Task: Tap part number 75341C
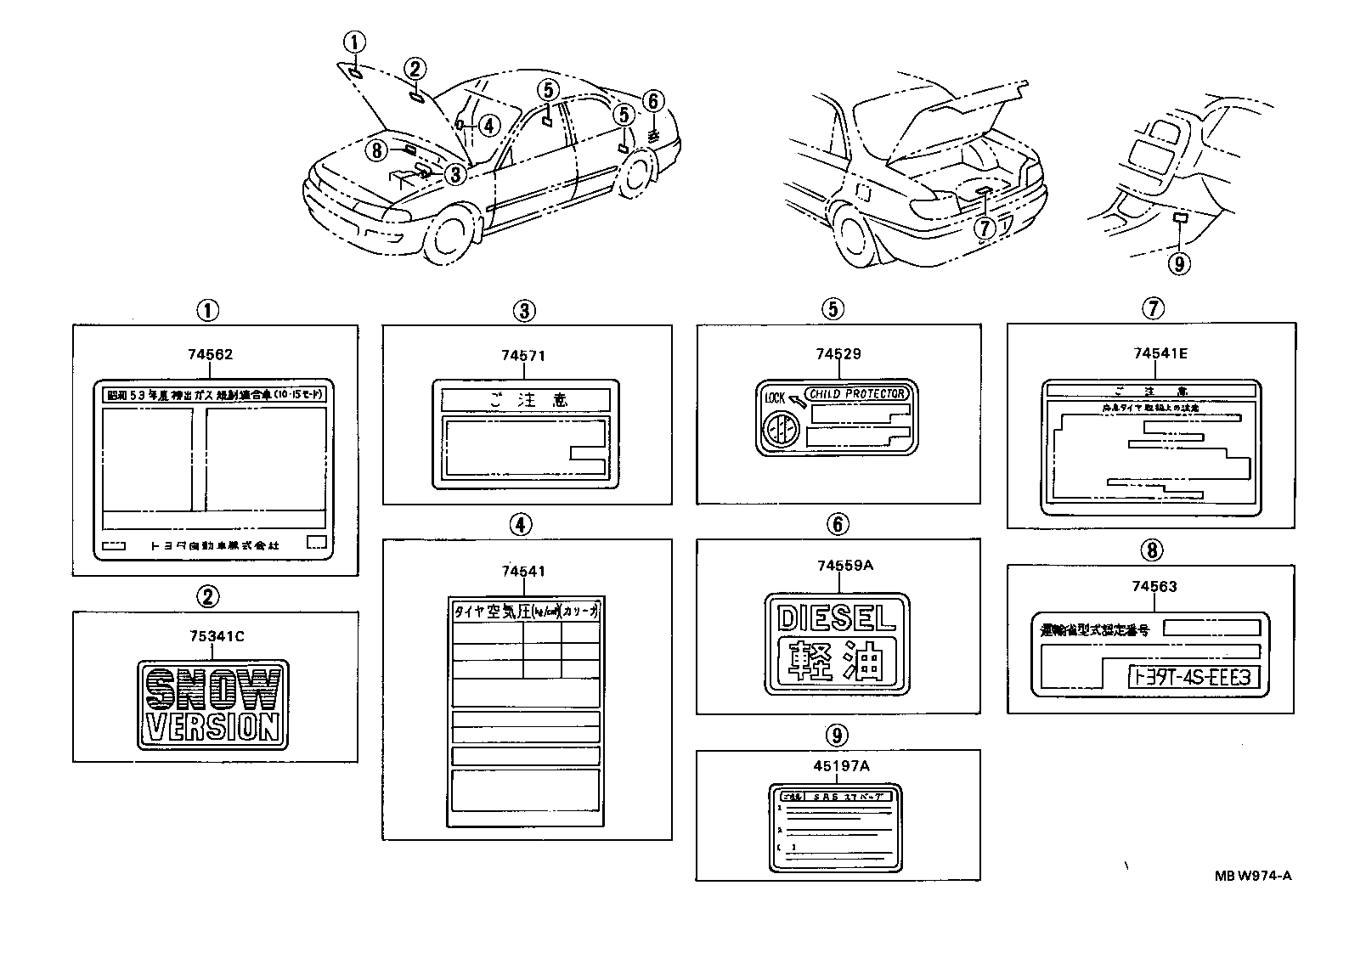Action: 213,637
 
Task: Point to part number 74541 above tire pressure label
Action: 522,572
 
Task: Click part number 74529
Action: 838,354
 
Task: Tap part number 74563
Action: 1154,586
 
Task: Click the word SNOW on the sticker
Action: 212,689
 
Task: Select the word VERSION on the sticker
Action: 212,727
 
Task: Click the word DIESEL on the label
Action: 836,617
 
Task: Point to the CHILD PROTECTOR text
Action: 857,394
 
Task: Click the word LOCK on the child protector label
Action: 775,398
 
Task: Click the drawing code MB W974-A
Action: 1251,876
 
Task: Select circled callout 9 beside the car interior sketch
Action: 1177,264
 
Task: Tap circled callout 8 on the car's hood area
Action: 376,150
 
